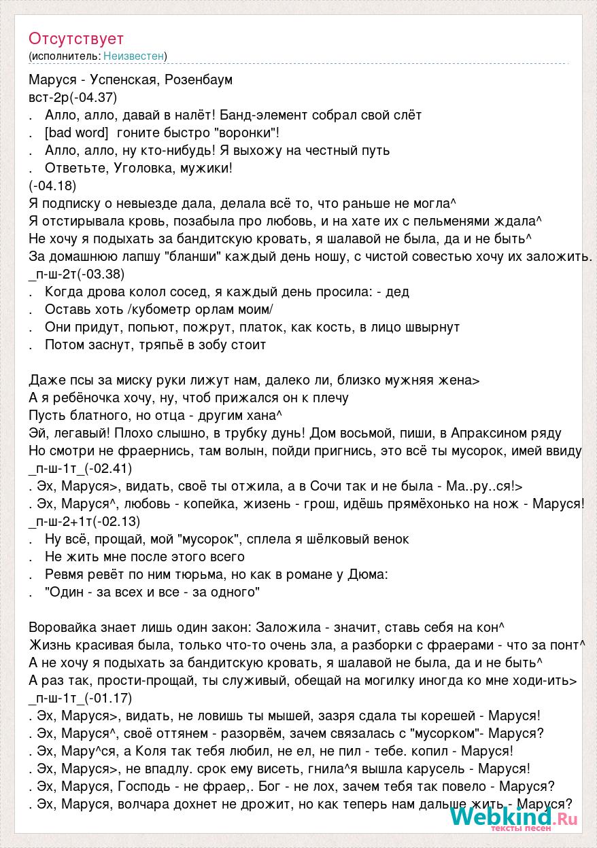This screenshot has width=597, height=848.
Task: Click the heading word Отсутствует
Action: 76,39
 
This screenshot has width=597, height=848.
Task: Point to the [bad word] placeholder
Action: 76,132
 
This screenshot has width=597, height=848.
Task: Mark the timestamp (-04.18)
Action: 52,185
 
